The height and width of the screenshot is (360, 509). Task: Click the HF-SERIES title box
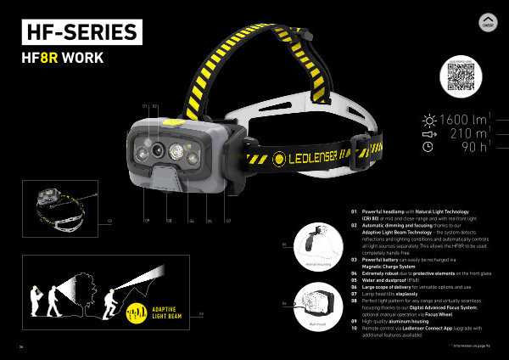click(x=80, y=33)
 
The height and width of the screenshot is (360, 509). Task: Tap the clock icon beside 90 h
click(x=428, y=147)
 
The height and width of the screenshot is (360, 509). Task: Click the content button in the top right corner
click(x=487, y=23)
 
